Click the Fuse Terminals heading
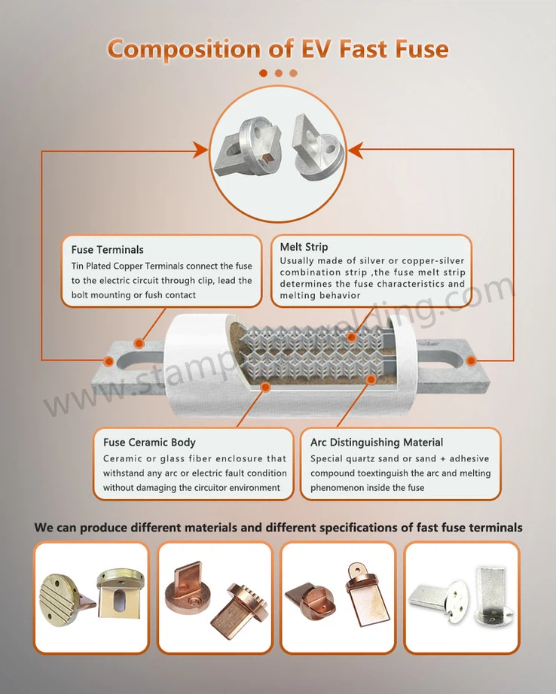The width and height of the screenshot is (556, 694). (108, 250)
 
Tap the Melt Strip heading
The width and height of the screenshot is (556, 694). (304, 247)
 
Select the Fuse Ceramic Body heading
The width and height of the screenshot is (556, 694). (149, 442)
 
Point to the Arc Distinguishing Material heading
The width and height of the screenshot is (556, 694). (377, 442)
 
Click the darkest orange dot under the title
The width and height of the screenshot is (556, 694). (263, 73)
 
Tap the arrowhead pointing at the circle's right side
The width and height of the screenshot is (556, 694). (356, 151)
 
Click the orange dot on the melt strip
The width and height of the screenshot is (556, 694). (351, 337)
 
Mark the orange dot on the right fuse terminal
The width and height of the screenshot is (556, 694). (472, 361)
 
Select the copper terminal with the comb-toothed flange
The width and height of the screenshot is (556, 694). (240, 610)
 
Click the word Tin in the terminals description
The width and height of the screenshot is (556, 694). (77, 266)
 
